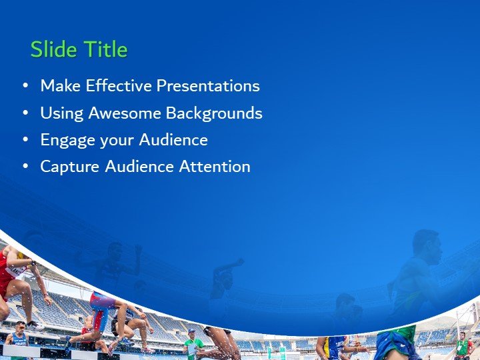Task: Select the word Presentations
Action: click(207, 86)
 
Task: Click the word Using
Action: click(57, 113)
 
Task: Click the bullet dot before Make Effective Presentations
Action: click(25, 86)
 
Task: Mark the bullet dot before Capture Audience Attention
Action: click(25, 167)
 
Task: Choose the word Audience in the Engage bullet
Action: click(173, 140)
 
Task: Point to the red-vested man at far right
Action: click(462, 346)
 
